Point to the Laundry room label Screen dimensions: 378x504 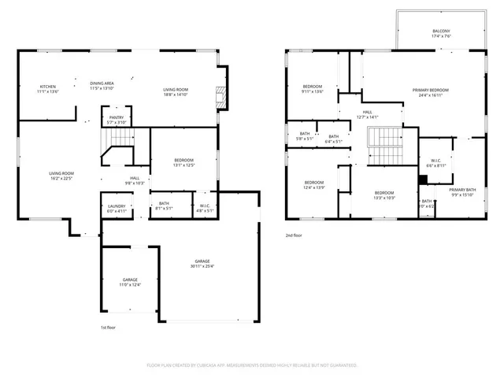point(116,208)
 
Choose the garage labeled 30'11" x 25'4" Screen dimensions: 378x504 point(202,264)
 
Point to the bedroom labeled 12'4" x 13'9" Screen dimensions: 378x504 point(314,185)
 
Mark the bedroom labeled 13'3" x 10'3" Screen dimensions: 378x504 point(384,195)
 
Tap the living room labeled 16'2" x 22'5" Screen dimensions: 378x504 point(61,176)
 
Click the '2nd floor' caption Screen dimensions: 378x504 point(294,235)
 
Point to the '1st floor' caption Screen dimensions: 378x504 point(108,328)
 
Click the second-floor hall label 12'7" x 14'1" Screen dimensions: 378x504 point(367,114)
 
